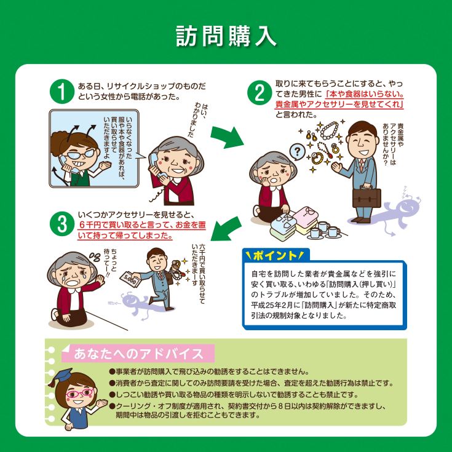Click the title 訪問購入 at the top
point(226,37)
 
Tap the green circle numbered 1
point(62,92)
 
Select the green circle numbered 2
point(260,92)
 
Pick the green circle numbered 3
point(62,224)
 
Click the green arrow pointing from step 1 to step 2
point(226,137)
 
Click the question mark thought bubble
point(297,152)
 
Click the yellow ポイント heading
point(274,255)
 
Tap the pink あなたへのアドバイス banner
point(138,354)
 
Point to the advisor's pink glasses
point(79,393)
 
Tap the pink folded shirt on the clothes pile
point(306,214)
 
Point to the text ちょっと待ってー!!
point(111,262)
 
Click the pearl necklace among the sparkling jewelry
point(330,131)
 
